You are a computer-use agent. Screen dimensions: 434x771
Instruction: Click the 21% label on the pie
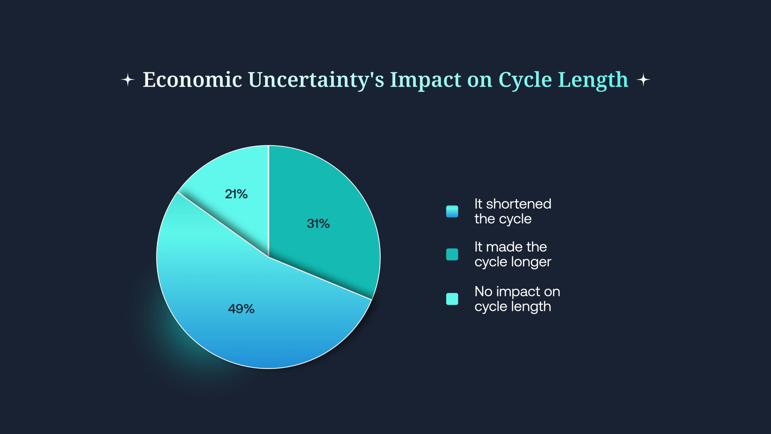pyautogui.click(x=236, y=194)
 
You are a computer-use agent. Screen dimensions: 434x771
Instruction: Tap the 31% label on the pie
pyautogui.click(x=318, y=224)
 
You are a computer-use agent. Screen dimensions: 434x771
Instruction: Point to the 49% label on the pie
pyautogui.click(x=241, y=309)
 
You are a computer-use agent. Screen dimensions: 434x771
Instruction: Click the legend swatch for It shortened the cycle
pyautogui.click(x=452, y=211)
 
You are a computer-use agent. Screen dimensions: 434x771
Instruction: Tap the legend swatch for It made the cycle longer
pyautogui.click(x=452, y=254)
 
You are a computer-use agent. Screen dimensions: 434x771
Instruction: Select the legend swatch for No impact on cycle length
pyautogui.click(x=452, y=299)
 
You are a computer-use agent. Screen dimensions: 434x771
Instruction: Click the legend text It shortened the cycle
pyautogui.click(x=513, y=211)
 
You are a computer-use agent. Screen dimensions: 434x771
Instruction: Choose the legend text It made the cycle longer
pyautogui.click(x=513, y=254)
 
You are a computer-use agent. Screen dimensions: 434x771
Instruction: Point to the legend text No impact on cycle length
pyautogui.click(x=517, y=299)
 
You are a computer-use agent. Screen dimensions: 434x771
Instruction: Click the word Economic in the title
pyautogui.click(x=192, y=80)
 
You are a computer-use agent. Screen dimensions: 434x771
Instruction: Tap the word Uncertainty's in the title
pyautogui.click(x=316, y=80)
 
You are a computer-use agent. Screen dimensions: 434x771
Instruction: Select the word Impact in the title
pyautogui.click(x=426, y=80)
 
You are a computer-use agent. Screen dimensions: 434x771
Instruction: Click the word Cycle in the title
pyautogui.click(x=525, y=80)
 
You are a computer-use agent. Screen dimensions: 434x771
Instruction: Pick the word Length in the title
pyautogui.click(x=593, y=80)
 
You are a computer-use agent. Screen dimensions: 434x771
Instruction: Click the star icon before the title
pyautogui.click(x=128, y=80)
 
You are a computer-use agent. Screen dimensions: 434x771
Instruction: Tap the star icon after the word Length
pyautogui.click(x=643, y=80)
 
